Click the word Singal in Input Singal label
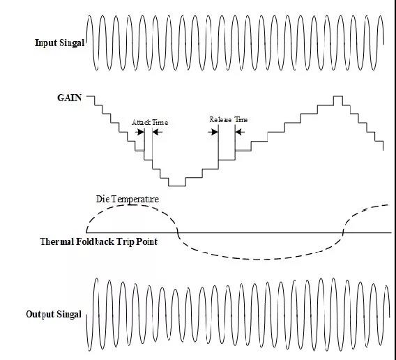[x=72, y=43]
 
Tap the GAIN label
[x=70, y=98]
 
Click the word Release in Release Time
[x=220, y=119]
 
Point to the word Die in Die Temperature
[x=102, y=199]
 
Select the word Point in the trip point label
[x=146, y=241]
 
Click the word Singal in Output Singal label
[x=69, y=314]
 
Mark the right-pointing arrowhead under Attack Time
[x=140, y=132]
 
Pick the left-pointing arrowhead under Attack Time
[x=158, y=132]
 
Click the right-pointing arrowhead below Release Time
[x=213, y=132]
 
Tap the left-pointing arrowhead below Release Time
[x=240, y=132]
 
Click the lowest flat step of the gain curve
[x=177, y=186]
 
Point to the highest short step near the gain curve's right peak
[x=338, y=96]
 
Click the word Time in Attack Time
[x=160, y=122]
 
